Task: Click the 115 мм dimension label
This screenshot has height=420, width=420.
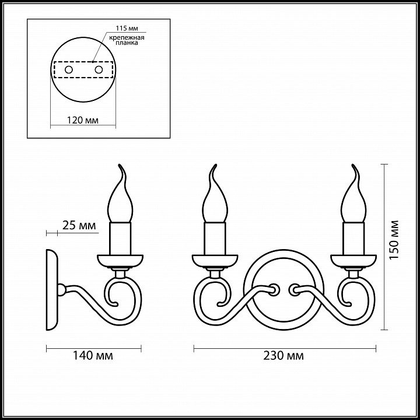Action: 127,29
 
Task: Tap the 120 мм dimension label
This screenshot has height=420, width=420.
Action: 82,120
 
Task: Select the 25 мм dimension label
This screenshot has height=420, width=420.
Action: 79,225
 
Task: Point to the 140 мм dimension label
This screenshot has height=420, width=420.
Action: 93,356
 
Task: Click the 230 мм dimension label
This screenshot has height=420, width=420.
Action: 283,356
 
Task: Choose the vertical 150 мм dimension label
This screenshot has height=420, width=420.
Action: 394,240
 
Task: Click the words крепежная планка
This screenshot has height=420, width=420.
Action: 127,40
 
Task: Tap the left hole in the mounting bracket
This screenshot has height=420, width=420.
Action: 69,70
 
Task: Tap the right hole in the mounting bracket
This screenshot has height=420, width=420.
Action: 99,70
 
